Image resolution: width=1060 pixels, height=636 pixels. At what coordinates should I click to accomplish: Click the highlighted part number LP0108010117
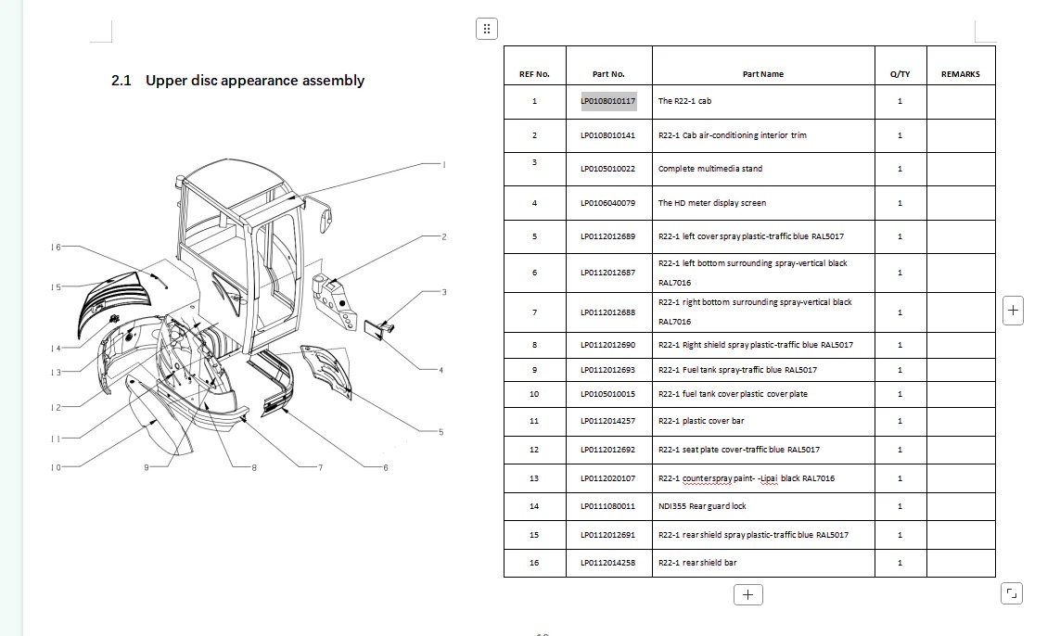[608, 101]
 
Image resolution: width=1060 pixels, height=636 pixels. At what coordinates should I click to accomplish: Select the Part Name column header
[763, 74]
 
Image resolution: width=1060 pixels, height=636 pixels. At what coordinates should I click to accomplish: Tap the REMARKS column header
[961, 74]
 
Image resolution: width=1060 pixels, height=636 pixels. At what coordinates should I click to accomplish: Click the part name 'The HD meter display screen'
[712, 203]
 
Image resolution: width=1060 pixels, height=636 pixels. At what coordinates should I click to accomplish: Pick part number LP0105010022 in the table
[608, 169]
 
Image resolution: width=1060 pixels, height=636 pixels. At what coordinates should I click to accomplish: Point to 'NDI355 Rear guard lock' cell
[702, 506]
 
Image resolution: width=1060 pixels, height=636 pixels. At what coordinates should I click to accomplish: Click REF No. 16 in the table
[534, 563]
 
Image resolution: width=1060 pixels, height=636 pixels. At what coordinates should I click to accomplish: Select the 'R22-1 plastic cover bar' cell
[701, 421]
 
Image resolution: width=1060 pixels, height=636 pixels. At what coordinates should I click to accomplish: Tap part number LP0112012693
[608, 370]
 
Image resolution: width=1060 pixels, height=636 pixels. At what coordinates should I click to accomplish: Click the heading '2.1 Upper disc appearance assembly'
[238, 81]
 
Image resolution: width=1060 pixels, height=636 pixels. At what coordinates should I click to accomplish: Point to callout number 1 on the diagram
[444, 164]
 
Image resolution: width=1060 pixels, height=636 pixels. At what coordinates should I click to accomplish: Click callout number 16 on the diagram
[57, 248]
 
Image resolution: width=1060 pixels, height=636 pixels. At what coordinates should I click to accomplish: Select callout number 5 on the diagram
[441, 432]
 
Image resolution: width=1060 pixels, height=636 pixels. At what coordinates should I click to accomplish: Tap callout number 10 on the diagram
[57, 467]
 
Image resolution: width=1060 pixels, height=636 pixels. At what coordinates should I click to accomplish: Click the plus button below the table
[748, 595]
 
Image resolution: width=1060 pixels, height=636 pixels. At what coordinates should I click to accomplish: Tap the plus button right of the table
[1013, 311]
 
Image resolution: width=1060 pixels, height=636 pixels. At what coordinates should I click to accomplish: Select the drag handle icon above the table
[487, 29]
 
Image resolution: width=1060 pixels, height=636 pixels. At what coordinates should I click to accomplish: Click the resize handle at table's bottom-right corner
[1012, 593]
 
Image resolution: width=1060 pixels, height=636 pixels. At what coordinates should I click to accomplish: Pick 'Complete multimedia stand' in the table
[709, 169]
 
